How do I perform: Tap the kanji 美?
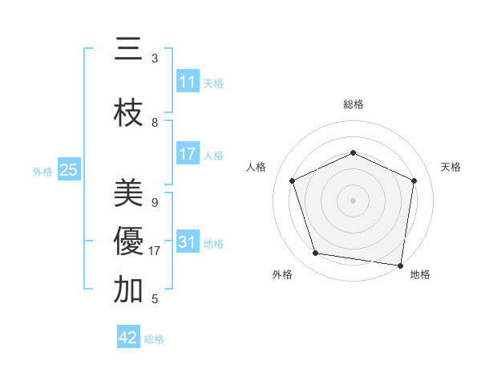pyautogui.click(x=128, y=194)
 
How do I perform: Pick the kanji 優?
pyautogui.click(x=128, y=241)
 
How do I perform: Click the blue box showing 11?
pyautogui.click(x=188, y=83)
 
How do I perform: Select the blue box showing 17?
pyautogui.click(x=188, y=154)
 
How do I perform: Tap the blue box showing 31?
pyautogui.click(x=188, y=242)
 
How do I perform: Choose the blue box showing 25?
pyautogui.click(x=68, y=170)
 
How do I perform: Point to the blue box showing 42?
pyautogui.click(x=128, y=338)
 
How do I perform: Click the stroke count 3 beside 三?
pyautogui.click(x=155, y=59)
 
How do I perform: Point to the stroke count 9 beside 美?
pyautogui.click(x=155, y=203)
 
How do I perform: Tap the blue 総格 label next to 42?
pyautogui.click(x=154, y=339)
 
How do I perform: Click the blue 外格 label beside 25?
pyautogui.click(x=42, y=171)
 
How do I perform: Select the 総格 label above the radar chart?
pyautogui.click(x=353, y=104)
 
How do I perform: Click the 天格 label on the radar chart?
pyautogui.click(x=451, y=167)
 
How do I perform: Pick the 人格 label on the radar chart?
pyautogui.click(x=257, y=167)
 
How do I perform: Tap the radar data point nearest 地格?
pyautogui.click(x=400, y=265)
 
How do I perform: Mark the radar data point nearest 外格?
pyautogui.click(x=315, y=253)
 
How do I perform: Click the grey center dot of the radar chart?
pyautogui.click(x=353, y=200)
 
